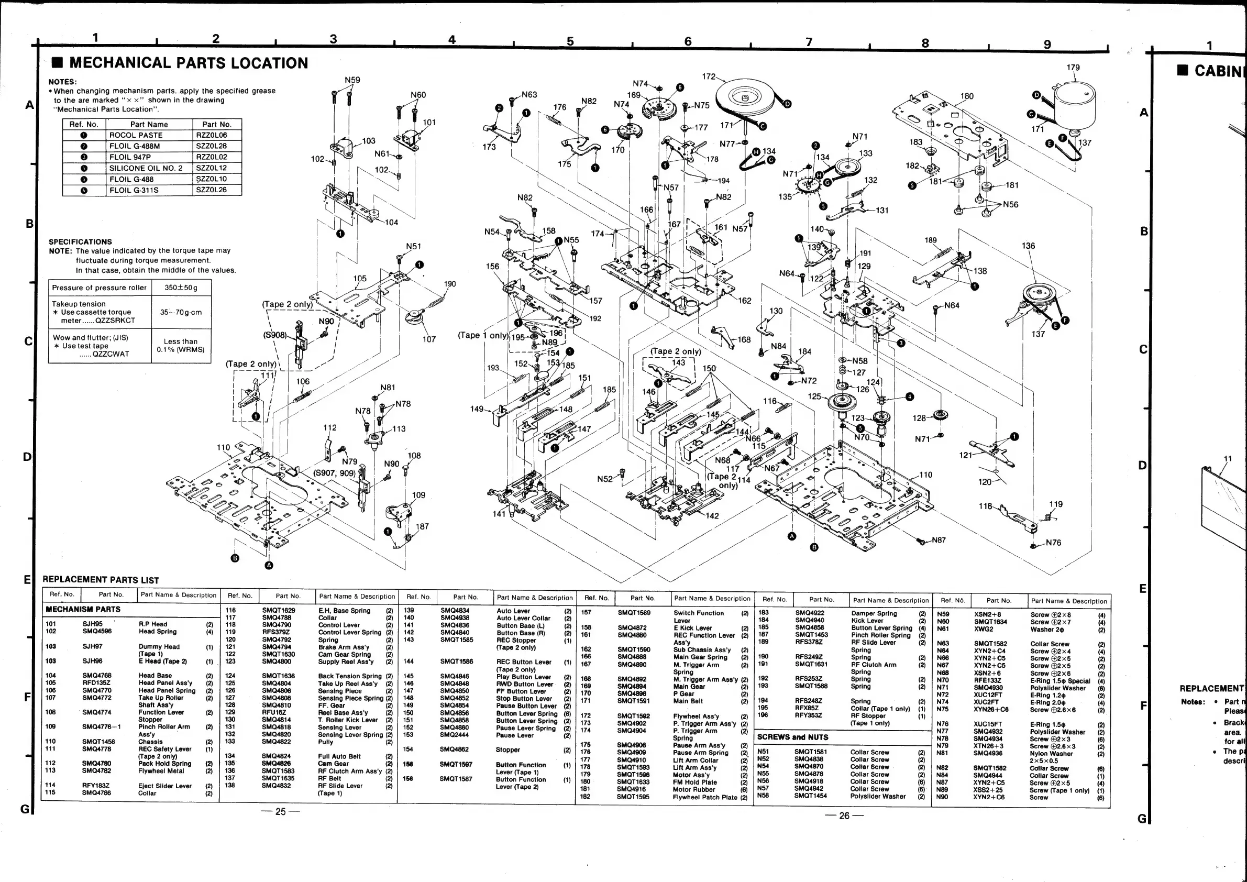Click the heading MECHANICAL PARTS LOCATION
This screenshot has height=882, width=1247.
[189, 63]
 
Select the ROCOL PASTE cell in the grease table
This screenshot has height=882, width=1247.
[136, 135]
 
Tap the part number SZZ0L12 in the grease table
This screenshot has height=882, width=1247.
[211, 168]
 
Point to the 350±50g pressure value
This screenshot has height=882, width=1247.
[181, 288]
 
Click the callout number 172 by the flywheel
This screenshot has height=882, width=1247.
[709, 76]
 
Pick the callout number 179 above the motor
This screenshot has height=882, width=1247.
[1073, 68]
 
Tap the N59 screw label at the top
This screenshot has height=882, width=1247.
[352, 80]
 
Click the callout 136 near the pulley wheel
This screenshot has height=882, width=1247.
[1028, 246]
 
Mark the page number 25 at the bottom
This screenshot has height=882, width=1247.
[280, 811]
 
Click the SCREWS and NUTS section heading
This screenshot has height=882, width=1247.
[792, 737]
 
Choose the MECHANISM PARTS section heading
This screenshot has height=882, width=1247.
[83, 609]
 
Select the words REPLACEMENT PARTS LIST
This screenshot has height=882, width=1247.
[101, 580]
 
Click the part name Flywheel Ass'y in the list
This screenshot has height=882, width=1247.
[696, 716]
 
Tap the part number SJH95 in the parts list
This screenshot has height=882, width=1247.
[92, 624]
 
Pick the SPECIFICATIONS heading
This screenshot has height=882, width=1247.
[80, 241]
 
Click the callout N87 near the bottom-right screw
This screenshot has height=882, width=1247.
[939, 541]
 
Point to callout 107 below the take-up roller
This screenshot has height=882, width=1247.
[429, 339]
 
